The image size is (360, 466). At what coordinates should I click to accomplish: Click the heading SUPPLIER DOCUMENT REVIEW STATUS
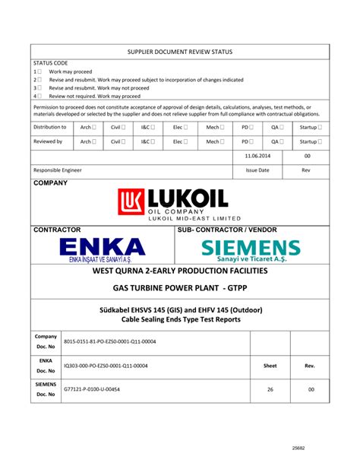click(180, 52)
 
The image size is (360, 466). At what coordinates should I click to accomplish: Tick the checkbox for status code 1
click(40, 71)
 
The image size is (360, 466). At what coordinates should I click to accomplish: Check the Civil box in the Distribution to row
click(123, 127)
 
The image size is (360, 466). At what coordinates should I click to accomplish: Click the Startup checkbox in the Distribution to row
click(320, 127)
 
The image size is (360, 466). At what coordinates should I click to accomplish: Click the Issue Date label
click(257, 170)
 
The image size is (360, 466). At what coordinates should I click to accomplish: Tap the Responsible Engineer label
click(58, 170)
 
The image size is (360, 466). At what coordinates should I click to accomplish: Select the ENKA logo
click(102, 248)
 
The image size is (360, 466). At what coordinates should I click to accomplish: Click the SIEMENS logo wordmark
click(251, 248)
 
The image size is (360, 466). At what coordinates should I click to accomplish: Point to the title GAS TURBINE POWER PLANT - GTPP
click(180, 289)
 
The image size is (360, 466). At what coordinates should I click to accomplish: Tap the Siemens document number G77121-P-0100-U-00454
click(92, 389)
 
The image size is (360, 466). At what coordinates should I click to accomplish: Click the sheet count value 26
click(270, 389)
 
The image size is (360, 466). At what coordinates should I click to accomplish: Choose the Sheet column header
click(270, 366)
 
